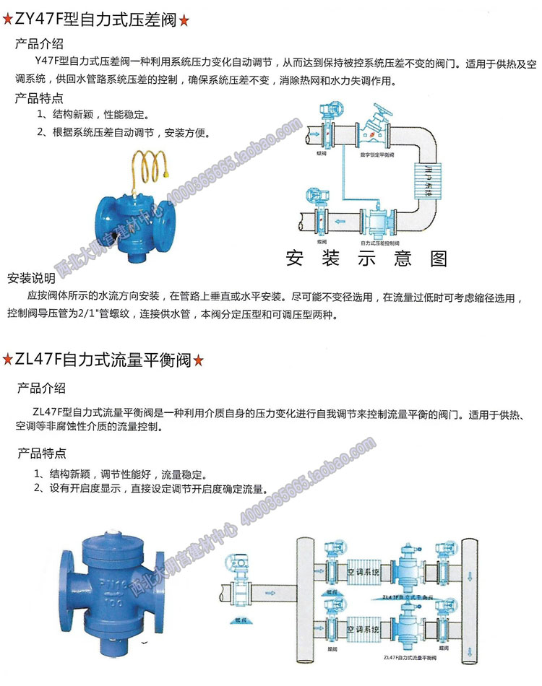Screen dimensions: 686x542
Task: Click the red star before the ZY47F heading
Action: [x=8, y=20]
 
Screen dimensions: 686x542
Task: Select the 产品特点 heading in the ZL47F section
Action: [x=41, y=453]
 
